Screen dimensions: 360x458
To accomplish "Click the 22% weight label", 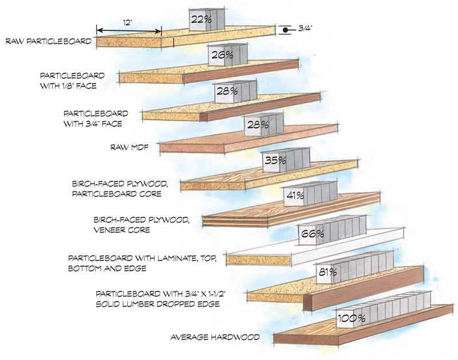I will tap(202, 19).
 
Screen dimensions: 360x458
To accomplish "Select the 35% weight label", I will tap(275, 161).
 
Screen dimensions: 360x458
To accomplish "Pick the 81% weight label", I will tap(326, 272).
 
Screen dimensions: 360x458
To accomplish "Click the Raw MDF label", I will tap(129, 147).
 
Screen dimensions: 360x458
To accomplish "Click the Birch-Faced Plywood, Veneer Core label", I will tap(140, 224).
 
